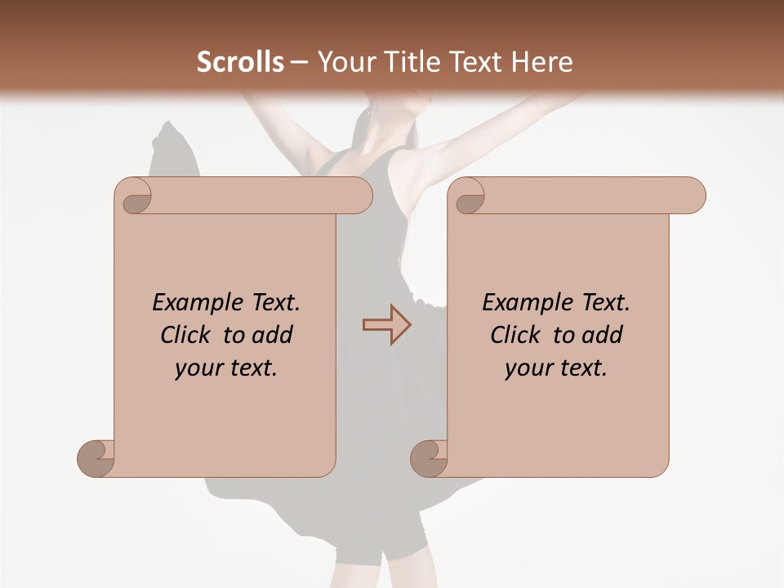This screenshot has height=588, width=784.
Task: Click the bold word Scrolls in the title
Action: pos(241,62)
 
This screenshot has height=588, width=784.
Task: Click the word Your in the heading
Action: pos(348,62)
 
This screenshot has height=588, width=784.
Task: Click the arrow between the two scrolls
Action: pos(386,325)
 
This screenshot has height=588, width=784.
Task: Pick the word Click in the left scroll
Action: pos(186,335)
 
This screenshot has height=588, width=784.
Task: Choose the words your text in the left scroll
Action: pos(226,368)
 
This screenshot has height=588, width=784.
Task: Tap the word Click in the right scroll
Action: pos(515,335)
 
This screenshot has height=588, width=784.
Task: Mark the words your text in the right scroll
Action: pos(556,368)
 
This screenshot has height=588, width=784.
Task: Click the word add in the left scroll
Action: pos(273,335)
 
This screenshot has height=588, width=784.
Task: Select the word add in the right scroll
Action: pos(603,335)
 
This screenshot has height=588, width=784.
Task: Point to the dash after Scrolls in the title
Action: pos(299,62)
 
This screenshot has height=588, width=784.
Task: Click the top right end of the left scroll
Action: pos(359,196)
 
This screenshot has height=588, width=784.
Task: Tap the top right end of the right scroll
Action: pos(693,196)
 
